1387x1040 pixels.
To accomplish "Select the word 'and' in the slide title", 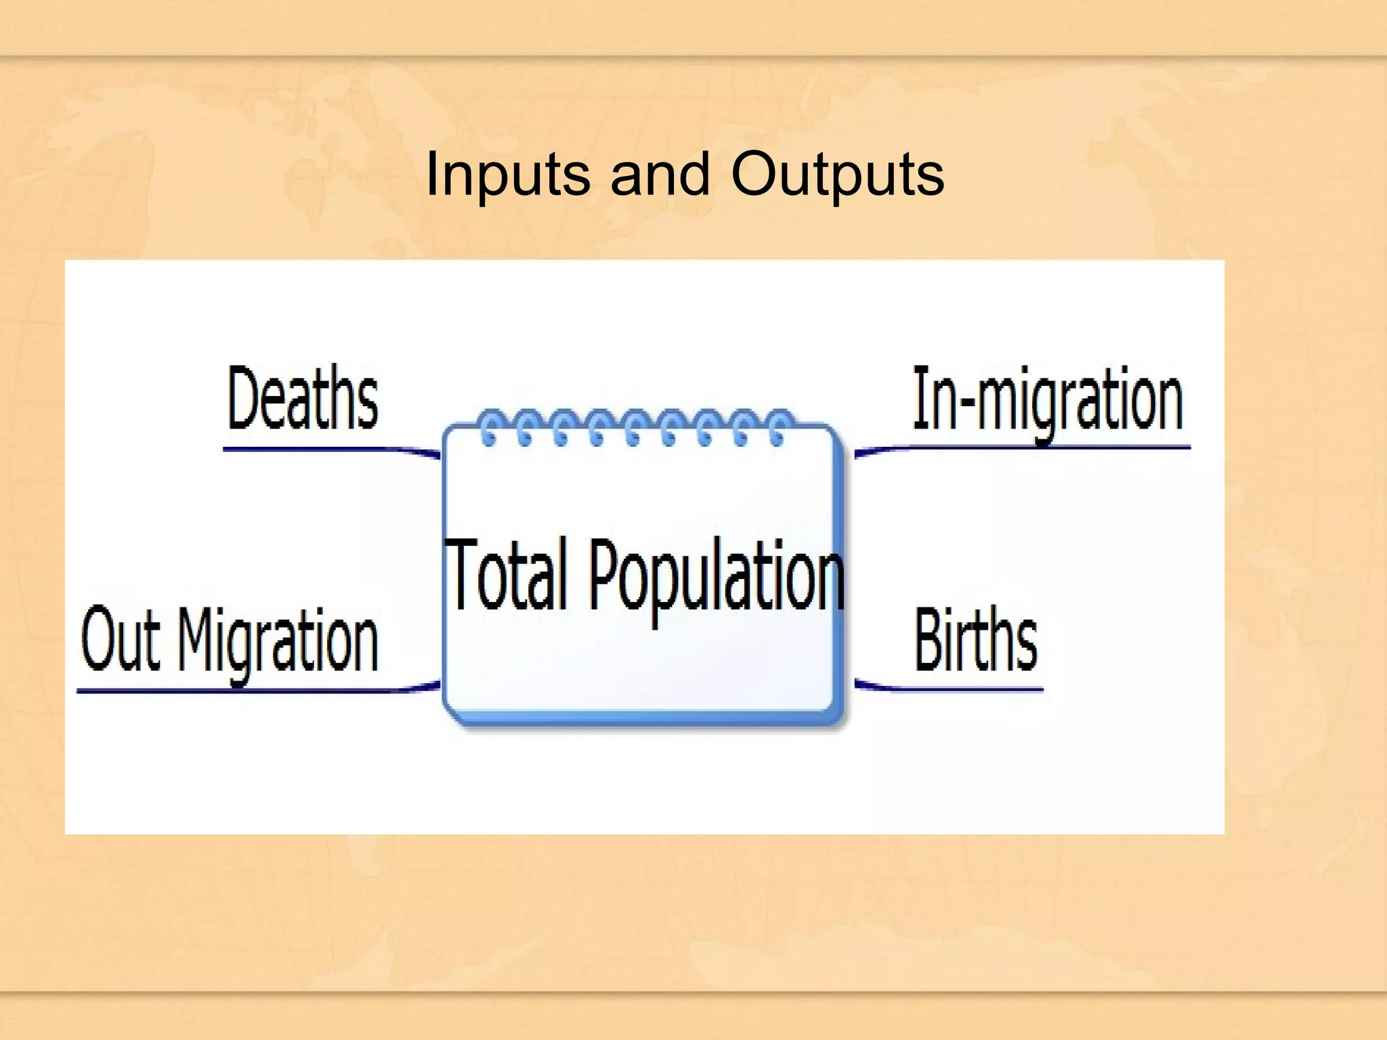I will click(x=660, y=175).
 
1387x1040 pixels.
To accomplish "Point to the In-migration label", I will click(x=1047, y=399).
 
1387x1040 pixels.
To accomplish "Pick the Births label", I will click(x=975, y=639).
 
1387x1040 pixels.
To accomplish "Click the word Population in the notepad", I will click(x=717, y=576).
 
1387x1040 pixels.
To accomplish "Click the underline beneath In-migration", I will click(x=1050, y=448).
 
